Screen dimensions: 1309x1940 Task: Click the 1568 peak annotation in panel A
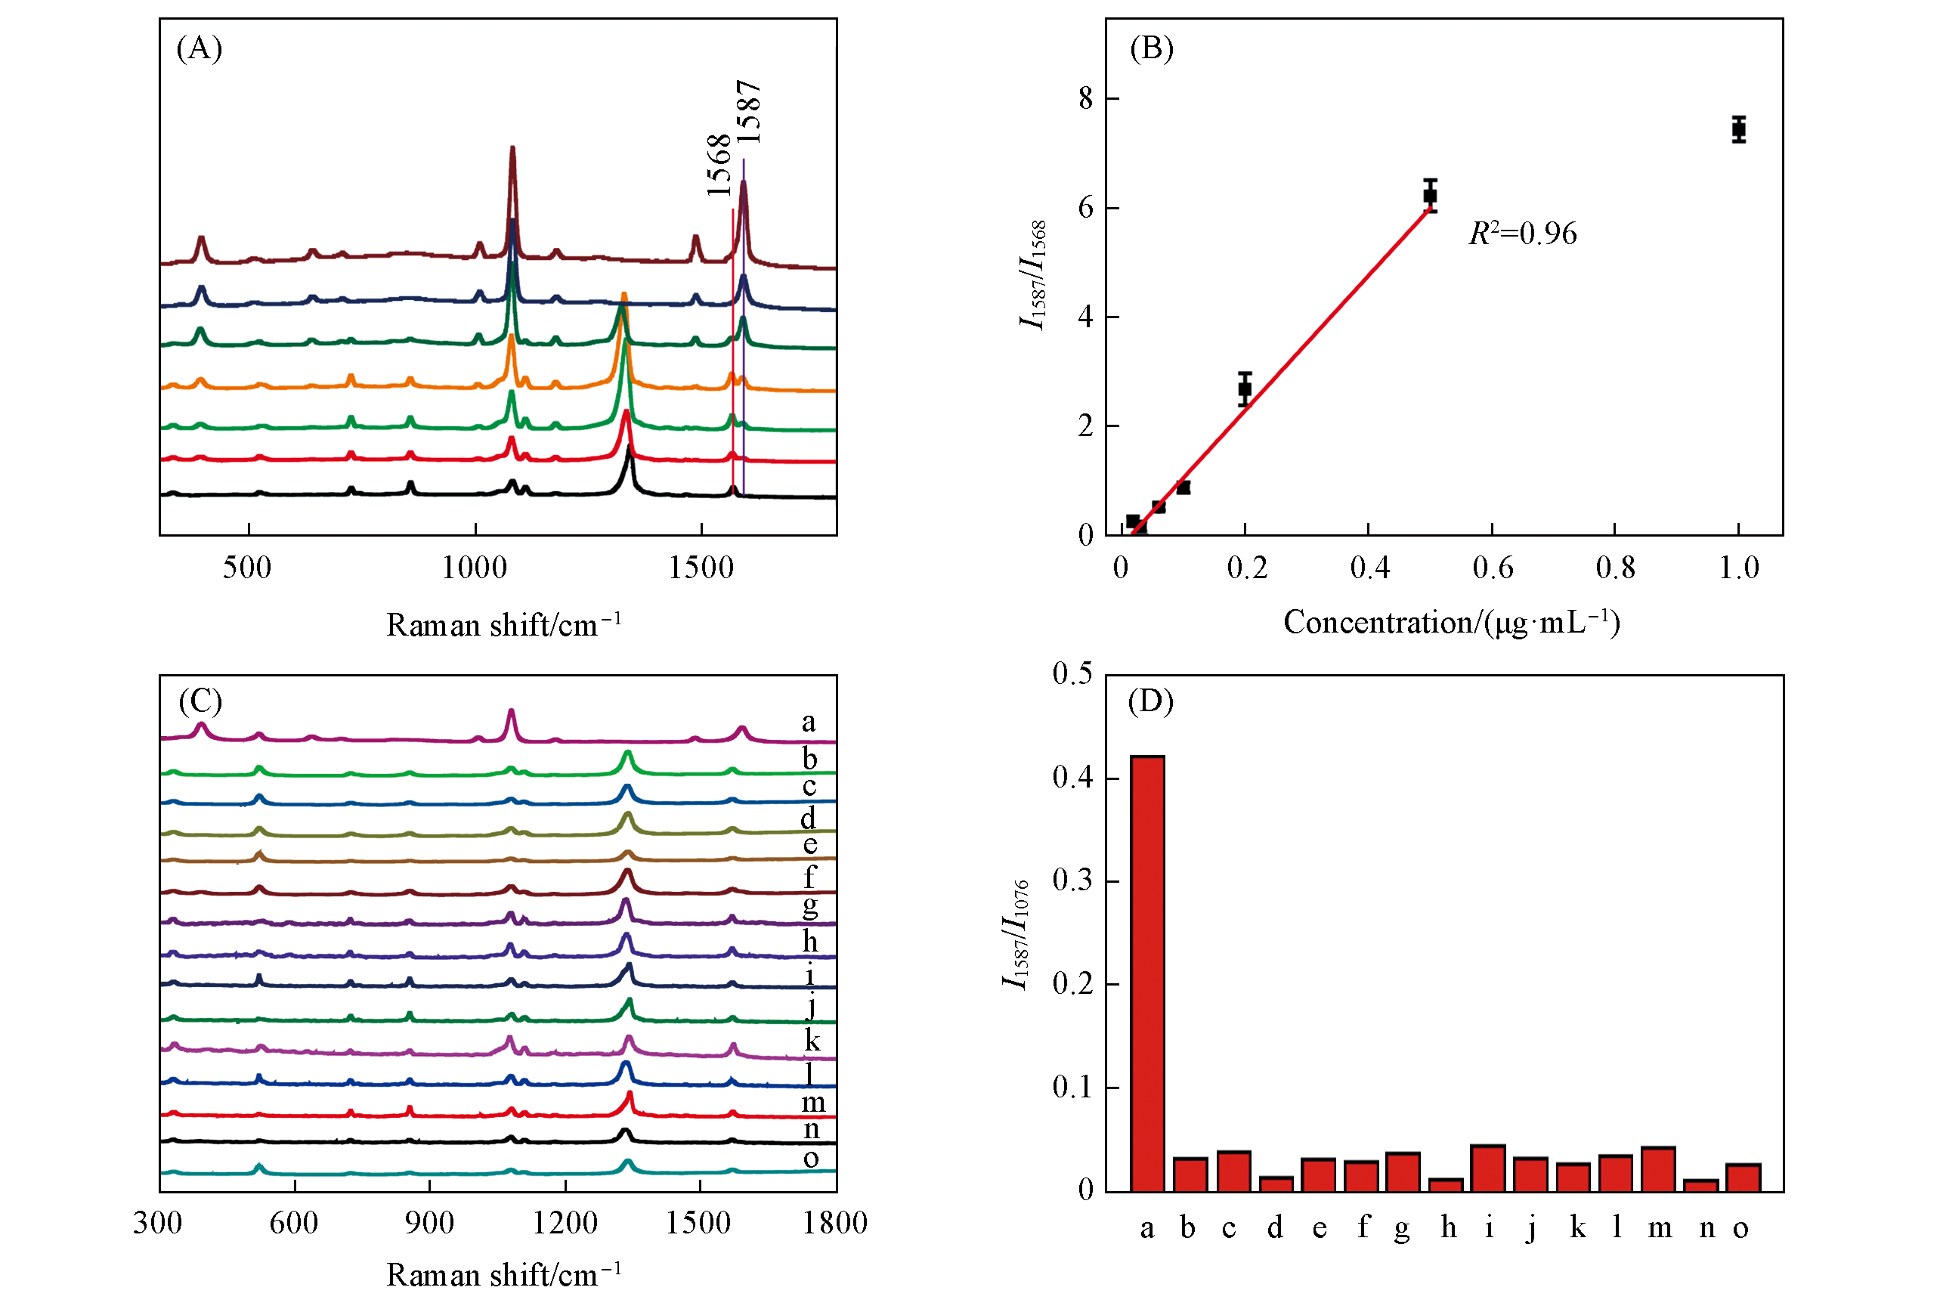(x=719, y=166)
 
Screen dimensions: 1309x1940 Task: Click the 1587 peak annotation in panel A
(x=749, y=112)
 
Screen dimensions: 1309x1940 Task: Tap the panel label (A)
(x=200, y=48)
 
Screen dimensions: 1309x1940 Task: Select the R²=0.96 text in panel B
(x=1523, y=234)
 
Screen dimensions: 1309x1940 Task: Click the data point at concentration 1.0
(x=1738, y=129)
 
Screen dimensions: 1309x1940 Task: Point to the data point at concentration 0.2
(x=1245, y=388)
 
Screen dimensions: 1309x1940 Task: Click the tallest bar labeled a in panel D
(x=1147, y=973)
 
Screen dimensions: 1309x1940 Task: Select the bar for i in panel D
(x=1487, y=1168)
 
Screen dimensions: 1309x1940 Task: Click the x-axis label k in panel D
(x=1577, y=1227)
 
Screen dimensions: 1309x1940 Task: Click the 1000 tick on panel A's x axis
(x=474, y=568)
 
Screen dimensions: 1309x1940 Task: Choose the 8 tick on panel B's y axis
(x=1085, y=98)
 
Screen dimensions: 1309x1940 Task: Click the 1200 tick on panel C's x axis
(x=565, y=1223)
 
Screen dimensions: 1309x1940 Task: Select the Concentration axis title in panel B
(x=1451, y=623)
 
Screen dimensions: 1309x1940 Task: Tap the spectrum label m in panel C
(x=813, y=1103)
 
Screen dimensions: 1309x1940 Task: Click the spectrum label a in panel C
(x=808, y=721)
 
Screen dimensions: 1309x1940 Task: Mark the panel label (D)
(x=1150, y=701)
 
